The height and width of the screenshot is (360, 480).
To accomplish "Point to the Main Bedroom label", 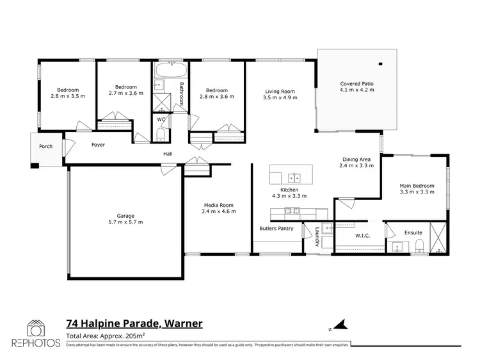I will pyautogui.click(x=417, y=186).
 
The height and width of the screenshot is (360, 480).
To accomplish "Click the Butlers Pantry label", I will pyautogui.click(x=276, y=227).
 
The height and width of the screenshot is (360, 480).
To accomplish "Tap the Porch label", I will pyautogui.click(x=45, y=147).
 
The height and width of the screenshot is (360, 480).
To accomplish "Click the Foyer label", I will pyautogui.click(x=98, y=145).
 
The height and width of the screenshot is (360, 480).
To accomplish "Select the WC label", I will pyautogui.click(x=162, y=119).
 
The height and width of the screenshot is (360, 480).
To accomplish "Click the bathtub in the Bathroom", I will pyautogui.click(x=171, y=69).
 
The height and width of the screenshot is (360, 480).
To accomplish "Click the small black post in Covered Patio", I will pyautogui.click(x=380, y=64).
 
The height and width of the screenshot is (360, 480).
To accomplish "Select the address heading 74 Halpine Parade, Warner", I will pyautogui.click(x=134, y=323).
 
